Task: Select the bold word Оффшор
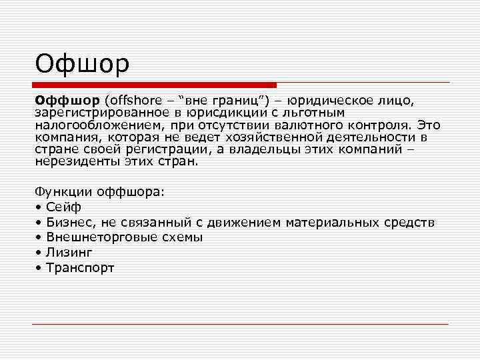click(67, 100)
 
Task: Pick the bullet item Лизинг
click(69, 253)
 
